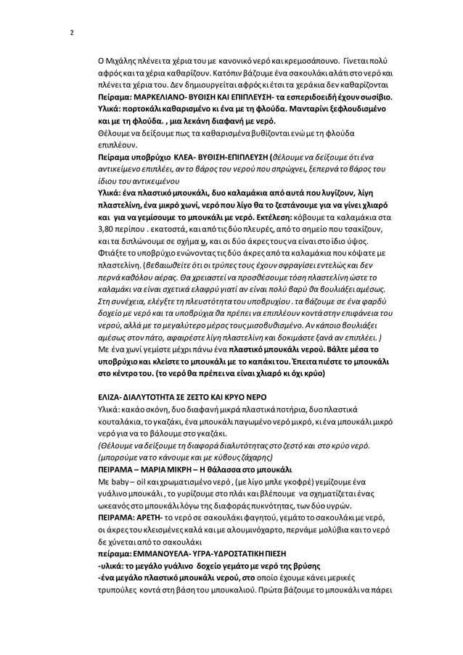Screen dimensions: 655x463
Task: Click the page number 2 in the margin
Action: tap(71, 33)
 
